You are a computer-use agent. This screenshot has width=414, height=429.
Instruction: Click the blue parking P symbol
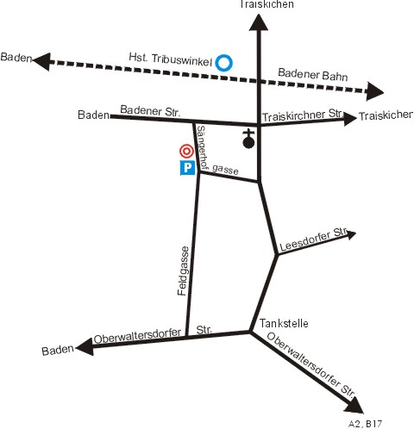pyautogui.click(x=187, y=167)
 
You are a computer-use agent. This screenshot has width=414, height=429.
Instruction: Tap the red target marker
pyautogui.click(x=186, y=151)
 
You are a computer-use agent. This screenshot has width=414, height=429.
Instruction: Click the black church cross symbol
pyautogui.click(x=248, y=139)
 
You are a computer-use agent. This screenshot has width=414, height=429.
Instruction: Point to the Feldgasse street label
pyautogui.click(x=183, y=271)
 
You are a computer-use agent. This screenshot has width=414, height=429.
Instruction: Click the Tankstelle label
pyautogui.click(x=284, y=323)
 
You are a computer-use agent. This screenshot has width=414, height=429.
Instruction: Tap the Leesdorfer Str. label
pyautogui.click(x=313, y=240)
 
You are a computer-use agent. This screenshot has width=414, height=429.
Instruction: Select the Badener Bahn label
pyautogui.click(x=313, y=74)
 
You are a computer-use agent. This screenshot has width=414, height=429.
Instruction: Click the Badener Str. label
pyautogui.click(x=150, y=111)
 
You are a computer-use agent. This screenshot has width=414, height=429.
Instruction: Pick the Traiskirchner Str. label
pyautogui.click(x=302, y=115)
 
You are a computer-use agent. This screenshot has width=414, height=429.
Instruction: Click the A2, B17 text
pyautogui.click(x=365, y=424)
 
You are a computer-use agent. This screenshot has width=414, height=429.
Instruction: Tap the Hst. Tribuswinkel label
pyautogui.click(x=170, y=59)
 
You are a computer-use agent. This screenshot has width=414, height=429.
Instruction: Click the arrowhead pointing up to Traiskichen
pyautogui.click(x=259, y=23)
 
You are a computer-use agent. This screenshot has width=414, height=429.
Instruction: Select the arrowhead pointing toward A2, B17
pyautogui.click(x=355, y=406)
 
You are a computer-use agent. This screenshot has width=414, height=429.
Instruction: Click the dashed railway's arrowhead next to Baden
pyautogui.click(x=42, y=61)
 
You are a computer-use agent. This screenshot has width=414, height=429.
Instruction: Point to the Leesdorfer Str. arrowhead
pyautogui.click(x=350, y=234)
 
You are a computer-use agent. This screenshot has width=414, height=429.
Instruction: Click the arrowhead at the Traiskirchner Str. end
pyautogui.click(x=350, y=119)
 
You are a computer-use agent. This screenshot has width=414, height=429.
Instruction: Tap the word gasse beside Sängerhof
pyautogui.click(x=225, y=170)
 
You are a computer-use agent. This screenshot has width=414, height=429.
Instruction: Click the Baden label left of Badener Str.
pyautogui.click(x=93, y=115)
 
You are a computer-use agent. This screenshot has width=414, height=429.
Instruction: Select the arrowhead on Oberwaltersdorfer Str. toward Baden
pyautogui.click(x=85, y=347)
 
